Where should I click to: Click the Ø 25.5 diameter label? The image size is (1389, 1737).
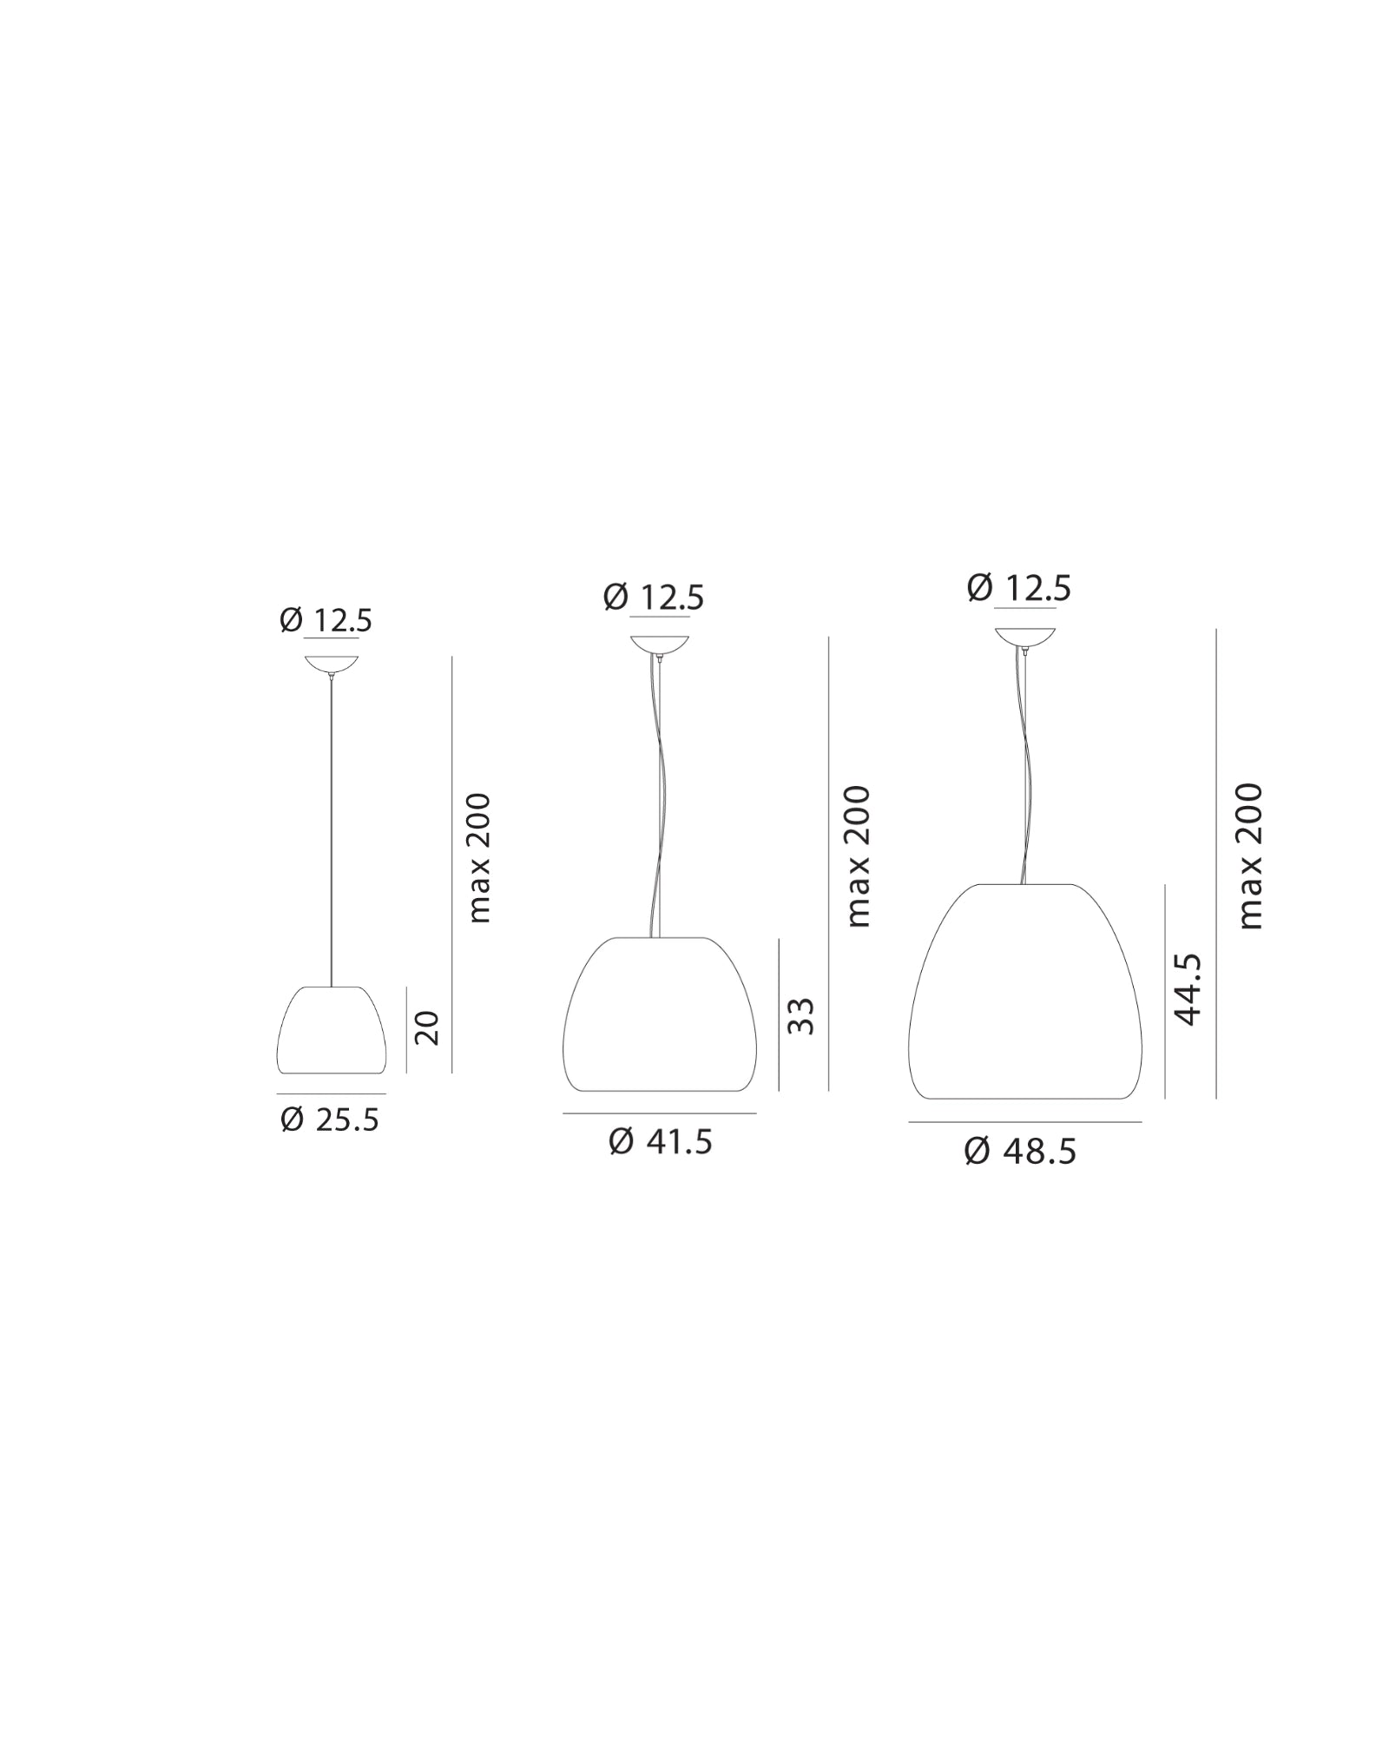point(330,1120)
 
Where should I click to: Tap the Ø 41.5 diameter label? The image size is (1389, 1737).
point(661,1141)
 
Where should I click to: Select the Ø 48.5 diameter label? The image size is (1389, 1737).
point(1020,1152)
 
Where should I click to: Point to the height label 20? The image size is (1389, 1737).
point(428,1028)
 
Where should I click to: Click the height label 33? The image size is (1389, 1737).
point(800,1016)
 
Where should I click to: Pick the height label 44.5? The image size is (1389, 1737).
point(1186,989)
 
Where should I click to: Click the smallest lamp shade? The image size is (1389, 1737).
point(332,1030)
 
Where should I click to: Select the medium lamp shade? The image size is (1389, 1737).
point(660,1014)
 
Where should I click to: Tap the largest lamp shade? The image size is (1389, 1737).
point(1024,992)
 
